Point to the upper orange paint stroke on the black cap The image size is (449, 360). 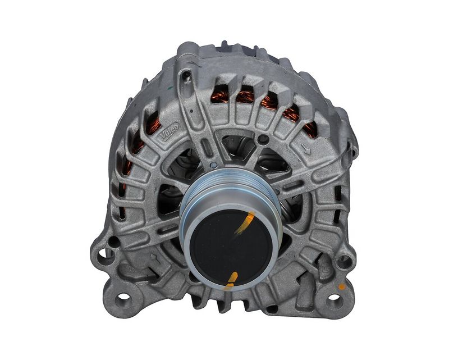tap(245, 222)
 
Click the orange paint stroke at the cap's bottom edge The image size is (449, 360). tap(231, 279)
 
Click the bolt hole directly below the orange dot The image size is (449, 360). tap(333, 298)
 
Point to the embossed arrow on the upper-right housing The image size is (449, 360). tap(305, 149)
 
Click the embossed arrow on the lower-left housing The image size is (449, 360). tap(155, 258)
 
